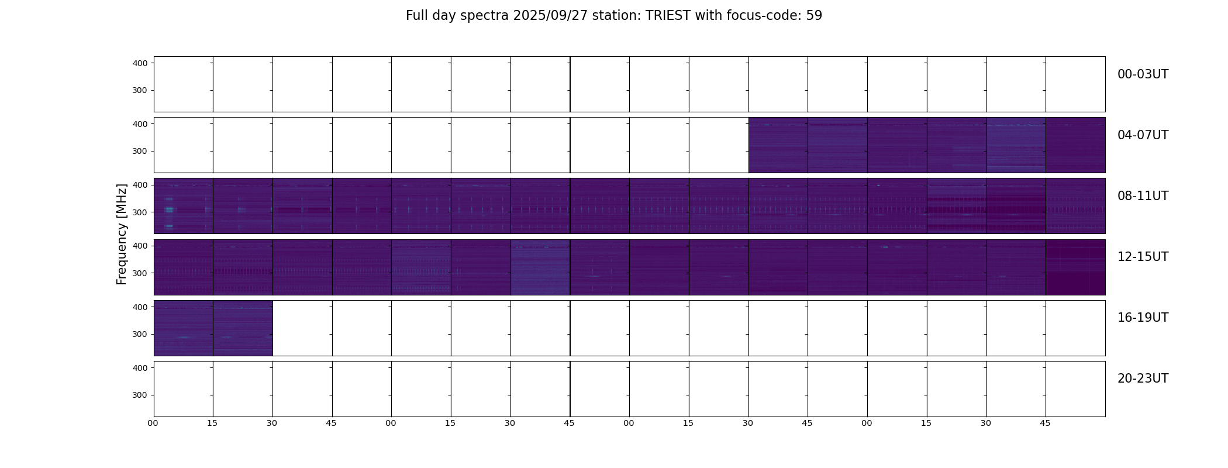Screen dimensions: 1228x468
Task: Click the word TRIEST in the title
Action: pyautogui.click(x=668, y=16)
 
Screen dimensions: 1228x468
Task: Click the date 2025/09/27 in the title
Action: pyautogui.click(x=550, y=16)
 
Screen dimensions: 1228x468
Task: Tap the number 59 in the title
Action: pyautogui.click(x=814, y=16)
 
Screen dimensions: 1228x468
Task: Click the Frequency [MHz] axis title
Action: pyautogui.click(x=122, y=234)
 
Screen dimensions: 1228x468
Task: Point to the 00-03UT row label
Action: pyautogui.click(x=1143, y=74)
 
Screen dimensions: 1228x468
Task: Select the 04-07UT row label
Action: pyautogui.click(x=1143, y=135)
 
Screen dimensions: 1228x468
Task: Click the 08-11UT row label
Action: pyautogui.click(x=1143, y=196)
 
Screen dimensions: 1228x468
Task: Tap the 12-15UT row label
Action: pyautogui.click(x=1143, y=257)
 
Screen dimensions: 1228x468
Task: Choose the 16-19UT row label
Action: pyautogui.click(x=1143, y=318)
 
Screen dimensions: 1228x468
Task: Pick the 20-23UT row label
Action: pyautogui.click(x=1143, y=378)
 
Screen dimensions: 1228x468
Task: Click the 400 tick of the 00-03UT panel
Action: pyautogui.click(x=140, y=63)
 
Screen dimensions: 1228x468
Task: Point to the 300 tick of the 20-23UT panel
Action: pyautogui.click(x=140, y=395)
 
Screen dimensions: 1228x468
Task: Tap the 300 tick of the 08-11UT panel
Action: pyautogui.click(x=140, y=212)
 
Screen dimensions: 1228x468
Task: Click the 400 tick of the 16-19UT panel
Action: pyautogui.click(x=140, y=307)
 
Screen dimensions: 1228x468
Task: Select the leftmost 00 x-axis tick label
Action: pyautogui.click(x=153, y=424)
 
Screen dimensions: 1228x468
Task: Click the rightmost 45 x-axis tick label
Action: pyautogui.click(x=1045, y=424)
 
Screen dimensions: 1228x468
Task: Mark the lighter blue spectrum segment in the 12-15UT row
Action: pyautogui.click(x=540, y=267)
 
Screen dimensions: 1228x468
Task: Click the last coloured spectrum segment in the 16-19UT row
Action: pyautogui.click(x=243, y=328)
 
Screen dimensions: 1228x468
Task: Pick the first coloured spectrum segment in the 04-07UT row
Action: pyautogui.click(x=778, y=145)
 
